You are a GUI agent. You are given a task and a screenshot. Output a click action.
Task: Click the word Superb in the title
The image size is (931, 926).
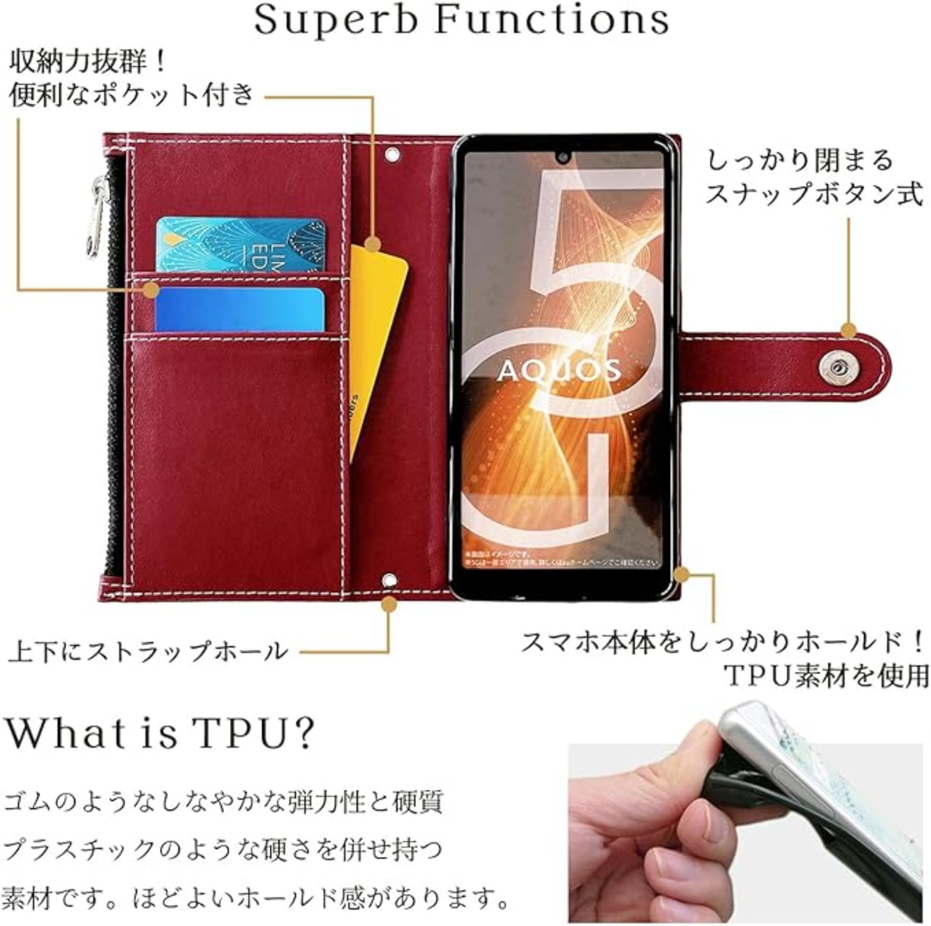(336, 20)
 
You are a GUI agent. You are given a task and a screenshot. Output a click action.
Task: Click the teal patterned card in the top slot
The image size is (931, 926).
(240, 244)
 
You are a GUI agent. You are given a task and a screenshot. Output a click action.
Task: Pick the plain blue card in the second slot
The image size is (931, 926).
(239, 309)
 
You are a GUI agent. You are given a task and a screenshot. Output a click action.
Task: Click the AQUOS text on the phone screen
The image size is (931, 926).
(559, 371)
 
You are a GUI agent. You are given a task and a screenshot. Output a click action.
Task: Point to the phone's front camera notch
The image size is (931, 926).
(563, 156)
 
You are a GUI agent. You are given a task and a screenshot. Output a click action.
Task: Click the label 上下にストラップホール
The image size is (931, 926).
(149, 650)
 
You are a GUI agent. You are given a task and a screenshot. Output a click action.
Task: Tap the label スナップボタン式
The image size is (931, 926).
(813, 194)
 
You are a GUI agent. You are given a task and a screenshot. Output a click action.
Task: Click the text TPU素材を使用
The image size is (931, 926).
(826, 676)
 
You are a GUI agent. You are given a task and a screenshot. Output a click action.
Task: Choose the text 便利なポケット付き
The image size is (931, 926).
(131, 95)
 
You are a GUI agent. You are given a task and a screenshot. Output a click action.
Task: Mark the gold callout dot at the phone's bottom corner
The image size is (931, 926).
(681, 575)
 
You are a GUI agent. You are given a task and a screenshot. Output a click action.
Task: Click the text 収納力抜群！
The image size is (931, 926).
(87, 61)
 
